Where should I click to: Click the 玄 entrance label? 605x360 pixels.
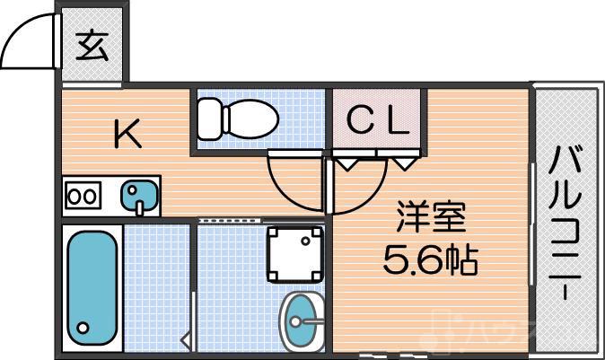(x=92, y=45)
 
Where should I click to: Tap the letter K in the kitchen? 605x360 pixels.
(x=127, y=135)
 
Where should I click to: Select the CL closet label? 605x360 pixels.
(x=377, y=119)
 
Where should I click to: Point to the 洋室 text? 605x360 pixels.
(x=433, y=220)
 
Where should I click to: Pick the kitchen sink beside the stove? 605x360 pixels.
(x=138, y=196)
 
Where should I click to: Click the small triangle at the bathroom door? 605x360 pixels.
(x=185, y=340)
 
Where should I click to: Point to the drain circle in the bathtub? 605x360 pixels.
(x=84, y=328)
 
